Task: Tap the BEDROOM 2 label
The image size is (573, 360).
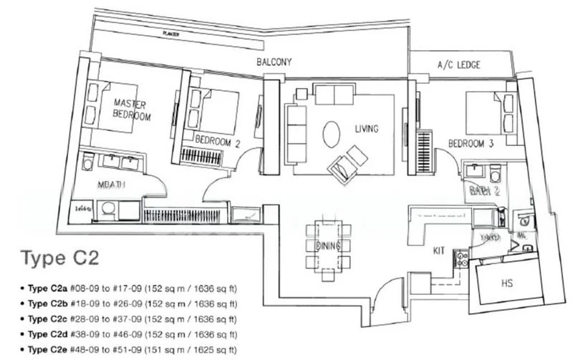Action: pos(217,142)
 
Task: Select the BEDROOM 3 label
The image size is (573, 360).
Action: pos(471,144)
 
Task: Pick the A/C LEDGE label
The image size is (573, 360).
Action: pos(458,65)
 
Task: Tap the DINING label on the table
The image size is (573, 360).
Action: pos(328,245)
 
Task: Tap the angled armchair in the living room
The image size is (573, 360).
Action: pos(346,161)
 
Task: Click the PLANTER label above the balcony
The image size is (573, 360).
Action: pos(170,34)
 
